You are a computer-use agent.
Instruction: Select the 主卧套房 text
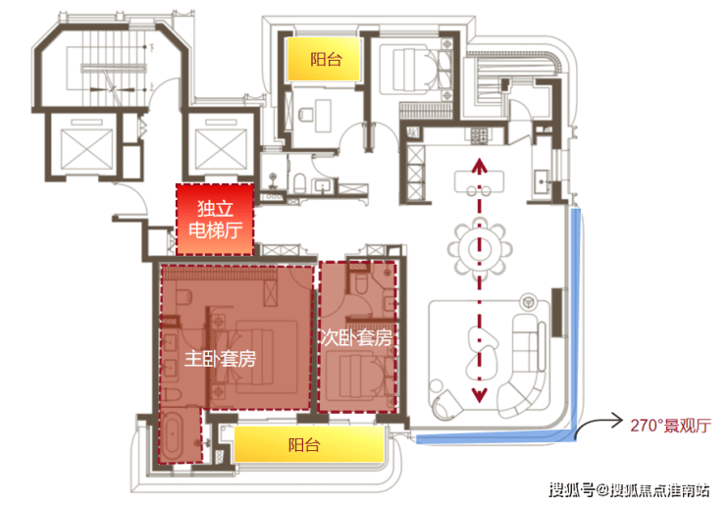221,359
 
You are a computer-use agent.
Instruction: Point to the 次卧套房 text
357,338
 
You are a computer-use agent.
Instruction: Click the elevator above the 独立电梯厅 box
215,148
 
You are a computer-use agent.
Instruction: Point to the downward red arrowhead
480,395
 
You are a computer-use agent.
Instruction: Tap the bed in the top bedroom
412,69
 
